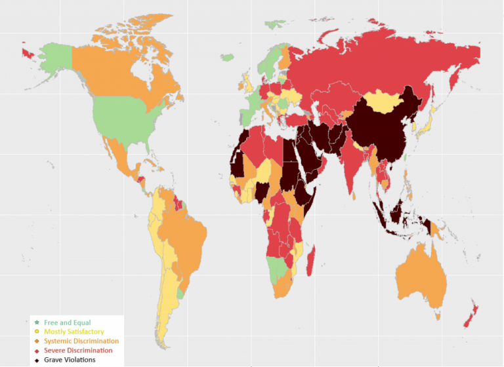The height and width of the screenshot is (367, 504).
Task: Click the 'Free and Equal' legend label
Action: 67,322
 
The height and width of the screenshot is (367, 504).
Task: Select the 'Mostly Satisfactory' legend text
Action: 73,332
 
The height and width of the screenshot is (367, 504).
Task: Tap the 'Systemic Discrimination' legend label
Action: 81,341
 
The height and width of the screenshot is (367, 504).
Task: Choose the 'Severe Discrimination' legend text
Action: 77,351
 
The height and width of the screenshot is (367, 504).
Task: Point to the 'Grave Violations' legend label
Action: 70,360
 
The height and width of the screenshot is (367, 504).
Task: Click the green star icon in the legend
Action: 36,322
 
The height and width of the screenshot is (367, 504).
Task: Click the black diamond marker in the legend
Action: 36,360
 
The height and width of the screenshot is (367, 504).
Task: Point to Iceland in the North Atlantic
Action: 227,58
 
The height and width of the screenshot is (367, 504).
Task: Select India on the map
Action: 355,164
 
